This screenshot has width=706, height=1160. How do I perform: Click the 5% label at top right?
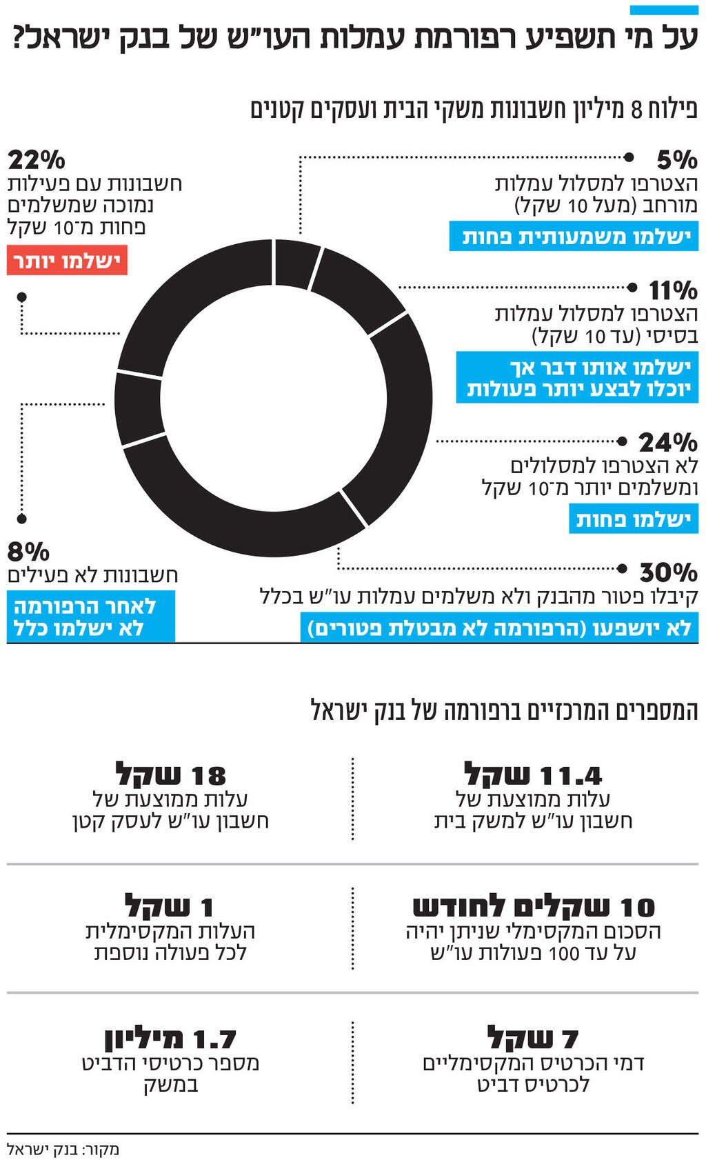pyautogui.click(x=676, y=160)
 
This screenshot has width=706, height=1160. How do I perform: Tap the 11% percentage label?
pyautogui.click(x=673, y=290)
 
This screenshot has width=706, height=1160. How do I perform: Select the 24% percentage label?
pyautogui.click(x=667, y=442)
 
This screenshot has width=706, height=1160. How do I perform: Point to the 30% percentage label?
pyautogui.click(x=668, y=572)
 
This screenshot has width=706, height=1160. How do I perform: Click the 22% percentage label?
pyautogui.click(x=37, y=160)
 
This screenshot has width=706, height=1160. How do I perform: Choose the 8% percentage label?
pyautogui.click(x=28, y=552)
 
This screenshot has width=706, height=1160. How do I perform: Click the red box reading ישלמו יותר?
pyautogui.click(x=67, y=261)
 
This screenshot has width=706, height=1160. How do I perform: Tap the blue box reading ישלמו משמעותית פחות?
pyautogui.click(x=574, y=237)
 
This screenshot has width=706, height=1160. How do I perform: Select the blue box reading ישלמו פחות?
pyautogui.click(x=633, y=519)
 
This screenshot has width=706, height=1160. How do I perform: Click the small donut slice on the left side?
pyautogui.click(x=138, y=408)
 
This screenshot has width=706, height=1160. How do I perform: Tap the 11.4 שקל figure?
pyautogui.click(x=533, y=775)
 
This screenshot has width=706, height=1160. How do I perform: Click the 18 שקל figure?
pyautogui.click(x=170, y=775)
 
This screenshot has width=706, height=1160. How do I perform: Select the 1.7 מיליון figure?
pyautogui.click(x=170, y=1039)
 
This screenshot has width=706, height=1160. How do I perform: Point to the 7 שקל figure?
pyautogui.click(x=533, y=1039)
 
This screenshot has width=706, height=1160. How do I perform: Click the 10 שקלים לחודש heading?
pyautogui.click(x=533, y=907)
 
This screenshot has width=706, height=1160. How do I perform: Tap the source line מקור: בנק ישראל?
pyautogui.click(x=63, y=1149)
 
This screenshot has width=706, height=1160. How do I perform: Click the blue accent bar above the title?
pyautogui.click(x=663, y=10)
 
